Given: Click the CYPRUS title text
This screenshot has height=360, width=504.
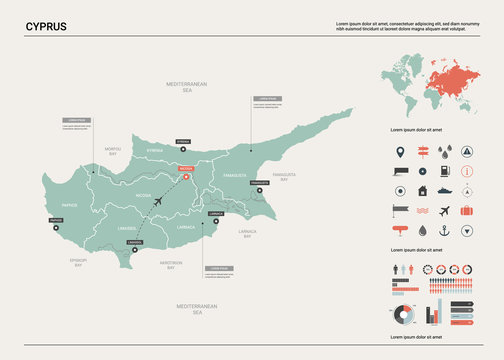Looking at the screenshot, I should [x=47, y=26].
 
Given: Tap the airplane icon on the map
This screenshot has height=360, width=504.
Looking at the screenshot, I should [x=161, y=202].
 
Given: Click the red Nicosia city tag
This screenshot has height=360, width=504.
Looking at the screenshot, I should [x=185, y=170].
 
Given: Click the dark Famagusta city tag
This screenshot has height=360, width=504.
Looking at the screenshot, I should [x=260, y=184].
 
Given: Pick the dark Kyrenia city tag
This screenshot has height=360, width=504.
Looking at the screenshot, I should [x=182, y=142].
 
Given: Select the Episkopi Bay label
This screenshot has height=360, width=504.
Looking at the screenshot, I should [x=78, y=262].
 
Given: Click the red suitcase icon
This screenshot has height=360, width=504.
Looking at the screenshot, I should [x=465, y=211].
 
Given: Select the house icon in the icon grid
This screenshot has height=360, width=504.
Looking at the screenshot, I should [x=421, y=191].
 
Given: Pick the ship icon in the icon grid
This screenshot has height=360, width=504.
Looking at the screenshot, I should [x=443, y=191].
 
